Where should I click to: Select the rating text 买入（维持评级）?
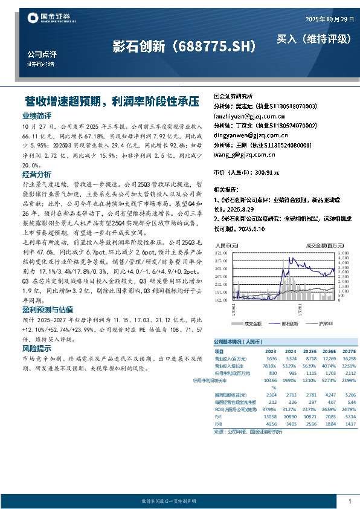click(x=313, y=39)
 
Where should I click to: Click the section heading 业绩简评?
click(x=37, y=115)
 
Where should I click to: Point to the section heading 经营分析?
click(x=37, y=174)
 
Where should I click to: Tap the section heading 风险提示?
click(x=37, y=349)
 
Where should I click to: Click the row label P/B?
click(x=219, y=424)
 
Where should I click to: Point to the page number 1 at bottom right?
click(x=350, y=501)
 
